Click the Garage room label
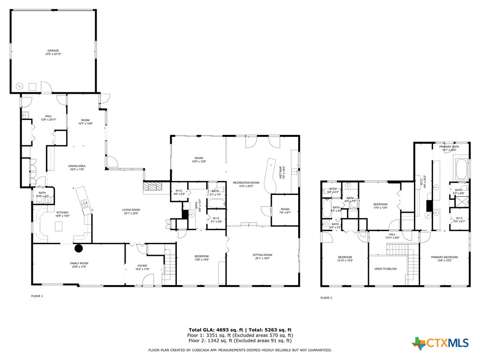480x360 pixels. point(54,52)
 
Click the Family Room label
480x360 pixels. point(79,265)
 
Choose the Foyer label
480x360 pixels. point(142,267)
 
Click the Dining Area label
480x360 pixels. point(77,167)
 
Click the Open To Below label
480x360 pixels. point(386,269)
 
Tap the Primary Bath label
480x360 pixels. point(449,148)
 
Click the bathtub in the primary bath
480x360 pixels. point(461,169)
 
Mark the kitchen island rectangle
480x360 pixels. point(59,226)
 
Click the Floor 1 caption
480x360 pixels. point(37,296)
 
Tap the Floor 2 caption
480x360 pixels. point(326,298)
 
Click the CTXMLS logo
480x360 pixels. point(440,343)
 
